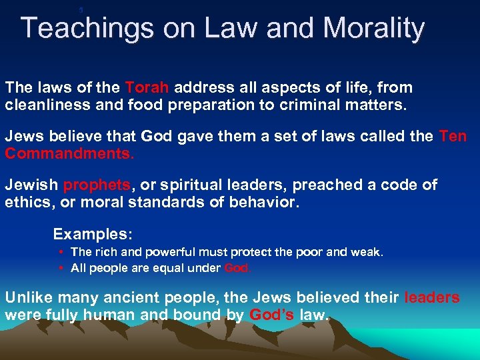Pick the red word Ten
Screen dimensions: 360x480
[453, 137]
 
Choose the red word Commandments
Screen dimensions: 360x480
[69, 154]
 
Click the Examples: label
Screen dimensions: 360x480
[93, 234]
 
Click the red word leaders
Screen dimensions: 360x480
[432, 297]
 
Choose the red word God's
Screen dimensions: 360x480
[271, 315]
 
